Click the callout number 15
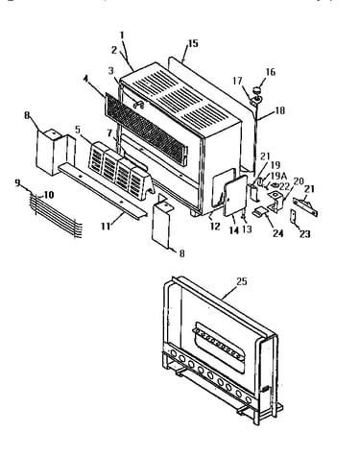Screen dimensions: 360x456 point(193,43)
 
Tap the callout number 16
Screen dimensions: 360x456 point(271,72)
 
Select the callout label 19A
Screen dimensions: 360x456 point(278,176)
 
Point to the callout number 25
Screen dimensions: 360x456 point(242,281)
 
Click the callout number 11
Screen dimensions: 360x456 point(106,227)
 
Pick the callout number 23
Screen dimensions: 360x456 point(304,234)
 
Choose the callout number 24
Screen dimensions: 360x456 point(277,233)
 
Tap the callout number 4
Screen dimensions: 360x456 point(85,79)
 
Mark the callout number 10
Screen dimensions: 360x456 point(49,195)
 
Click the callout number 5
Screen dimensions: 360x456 point(78,130)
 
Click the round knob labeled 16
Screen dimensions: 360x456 point(258,90)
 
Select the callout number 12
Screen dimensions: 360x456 point(216,227)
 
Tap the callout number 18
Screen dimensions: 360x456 point(279,110)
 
